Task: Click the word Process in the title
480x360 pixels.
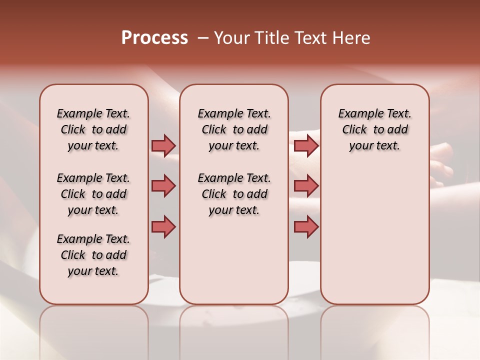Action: pos(154,38)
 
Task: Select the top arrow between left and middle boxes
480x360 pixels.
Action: pos(163,145)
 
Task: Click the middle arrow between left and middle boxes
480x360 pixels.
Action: pos(163,186)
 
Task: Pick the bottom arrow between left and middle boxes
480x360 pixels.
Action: pos(163,226)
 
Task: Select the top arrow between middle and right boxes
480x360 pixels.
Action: pos(306,145)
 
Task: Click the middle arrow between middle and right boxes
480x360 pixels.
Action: pos(306,186)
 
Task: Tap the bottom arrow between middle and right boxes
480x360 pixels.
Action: pos(306,226)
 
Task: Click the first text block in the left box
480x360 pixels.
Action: pos(93,129)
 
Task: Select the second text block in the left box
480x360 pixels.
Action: pos(93,194)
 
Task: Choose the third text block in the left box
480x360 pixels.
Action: pos(93,255)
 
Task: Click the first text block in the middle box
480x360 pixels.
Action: pos(234,129)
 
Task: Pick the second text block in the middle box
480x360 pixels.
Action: pos(234,194)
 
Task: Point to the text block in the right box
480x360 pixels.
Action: pos(374,129)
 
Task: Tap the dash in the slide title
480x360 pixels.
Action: pos(203,38)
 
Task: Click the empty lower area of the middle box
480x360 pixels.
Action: pos(234,260)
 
